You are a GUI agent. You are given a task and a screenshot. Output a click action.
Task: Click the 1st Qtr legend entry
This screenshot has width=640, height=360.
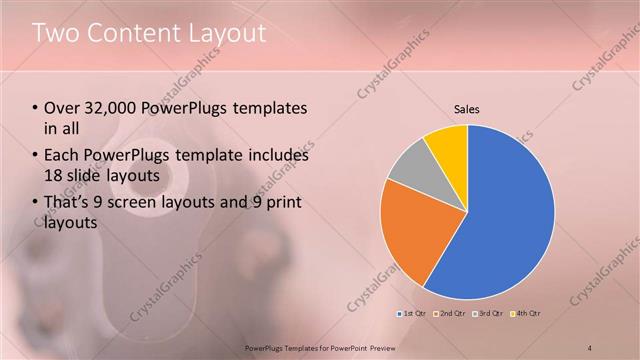(413, 314)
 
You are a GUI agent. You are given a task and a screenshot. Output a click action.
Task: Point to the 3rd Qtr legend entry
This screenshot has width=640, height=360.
(490, 314)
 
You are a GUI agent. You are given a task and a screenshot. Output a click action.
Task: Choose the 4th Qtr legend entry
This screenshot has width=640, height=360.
(527, 314)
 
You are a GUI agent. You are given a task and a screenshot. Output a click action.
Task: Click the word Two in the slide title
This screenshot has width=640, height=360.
(56, 33)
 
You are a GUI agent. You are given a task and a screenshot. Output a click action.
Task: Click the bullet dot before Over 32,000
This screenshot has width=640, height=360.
(36, 108)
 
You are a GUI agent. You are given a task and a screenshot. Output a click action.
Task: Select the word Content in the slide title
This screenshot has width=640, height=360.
(130, 33)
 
